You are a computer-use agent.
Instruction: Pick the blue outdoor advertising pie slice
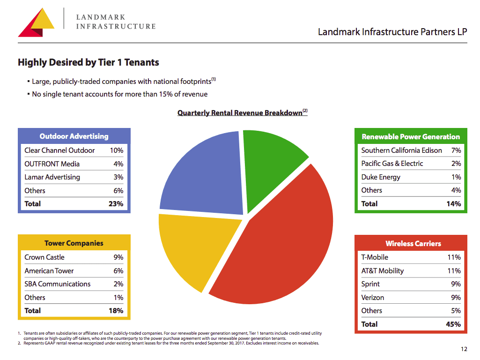tap(201, 173)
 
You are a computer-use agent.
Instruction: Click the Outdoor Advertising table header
tap(74, 136)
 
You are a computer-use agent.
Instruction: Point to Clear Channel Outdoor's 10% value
tap(117, 150)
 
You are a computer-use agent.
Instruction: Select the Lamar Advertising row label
tap(52, 177)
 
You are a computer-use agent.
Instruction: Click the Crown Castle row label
tap(44, 257)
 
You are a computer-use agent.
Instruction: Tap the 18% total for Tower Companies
tap(116, 311)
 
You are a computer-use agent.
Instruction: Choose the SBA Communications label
tap(58, 284)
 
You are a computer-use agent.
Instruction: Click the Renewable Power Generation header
tap(411, 137)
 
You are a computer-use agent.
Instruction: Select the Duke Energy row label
tap(381, 177)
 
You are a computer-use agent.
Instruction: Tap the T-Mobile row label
tap(375, 257)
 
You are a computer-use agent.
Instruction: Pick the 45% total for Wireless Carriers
tap(453, 324)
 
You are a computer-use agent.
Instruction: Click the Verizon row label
tap(373, 298)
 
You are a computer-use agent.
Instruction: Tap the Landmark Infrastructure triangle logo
tap(37, 23)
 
